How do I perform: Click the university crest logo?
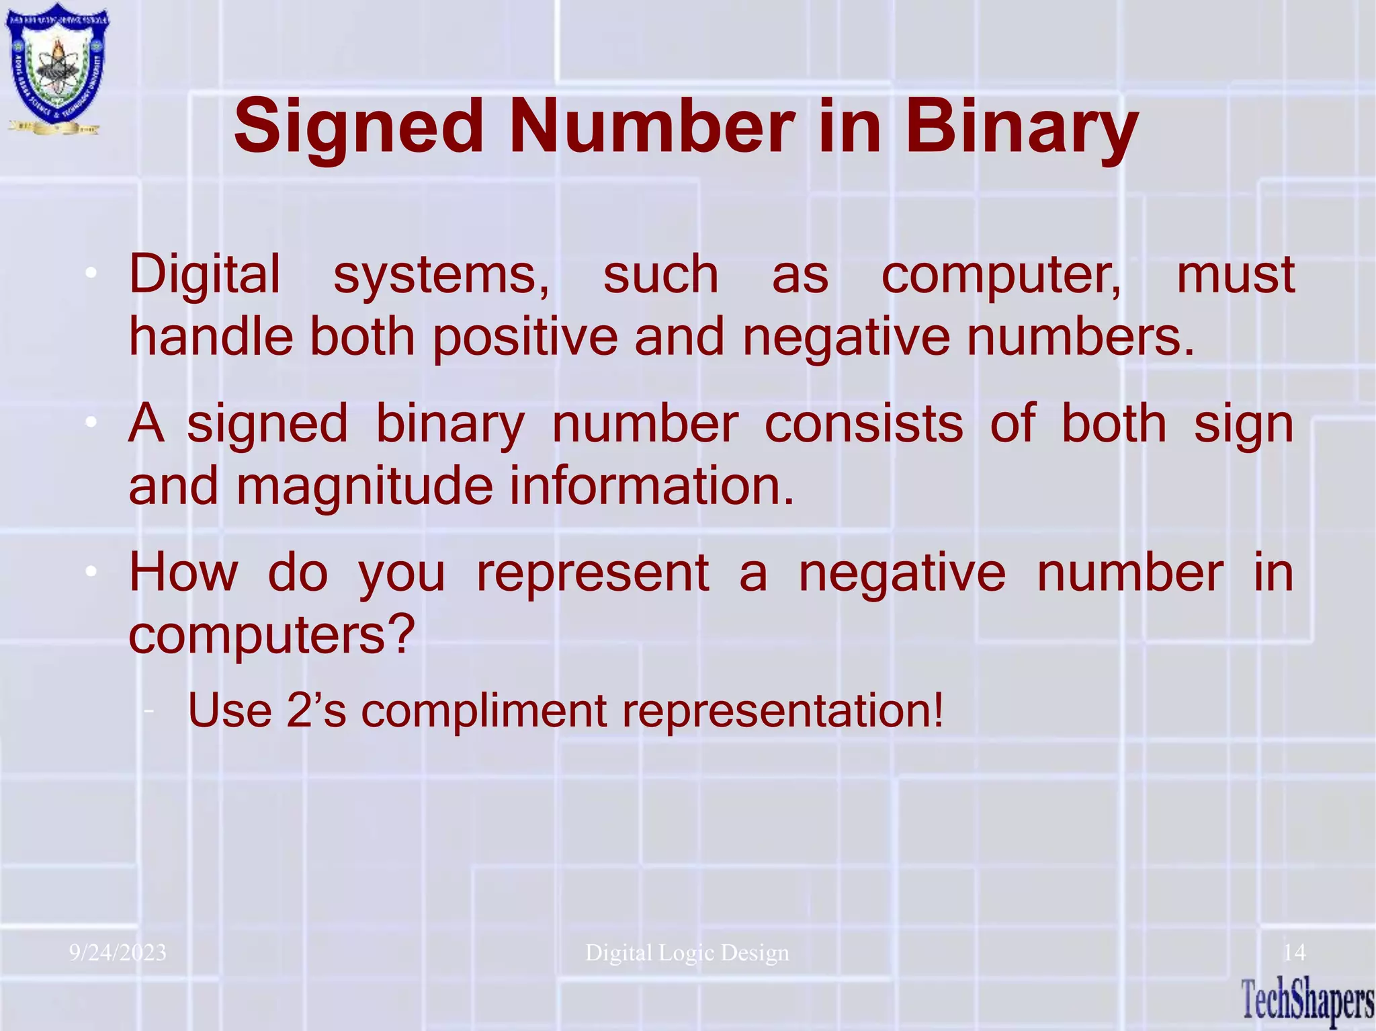(57, 69)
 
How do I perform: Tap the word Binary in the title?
(1021, 127)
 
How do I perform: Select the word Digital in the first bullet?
(204, 274)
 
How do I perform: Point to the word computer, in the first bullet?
(1001, 276)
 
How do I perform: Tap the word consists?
(863, 424)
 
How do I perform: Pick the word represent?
(593, 573)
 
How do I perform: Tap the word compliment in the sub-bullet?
(484, 710)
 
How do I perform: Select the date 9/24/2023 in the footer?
(118, 953)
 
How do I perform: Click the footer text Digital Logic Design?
(687, 953)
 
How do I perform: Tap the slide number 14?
(1294, 952)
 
